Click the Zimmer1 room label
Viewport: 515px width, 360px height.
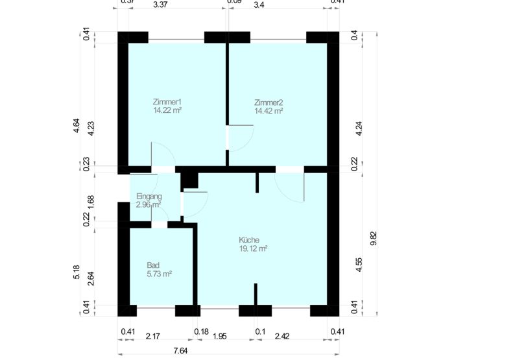[x=167, y=102]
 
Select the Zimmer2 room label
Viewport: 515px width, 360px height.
[x=269, y=102]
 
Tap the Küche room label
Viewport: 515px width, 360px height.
[x=249, y=240]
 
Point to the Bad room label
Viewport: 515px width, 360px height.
[x=153, y=265]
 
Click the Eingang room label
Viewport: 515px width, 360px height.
[x=149, y=197]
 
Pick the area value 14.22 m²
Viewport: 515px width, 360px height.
[x=167, y=111]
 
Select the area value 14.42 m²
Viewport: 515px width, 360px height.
[x=269, y=111]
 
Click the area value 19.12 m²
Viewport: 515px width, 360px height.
[x=254, y=248]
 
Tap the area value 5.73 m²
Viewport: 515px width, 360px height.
[x=159, y=274]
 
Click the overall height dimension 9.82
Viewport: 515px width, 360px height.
[x=374, y=239]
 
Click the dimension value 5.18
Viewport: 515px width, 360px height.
[x=77, y=272]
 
